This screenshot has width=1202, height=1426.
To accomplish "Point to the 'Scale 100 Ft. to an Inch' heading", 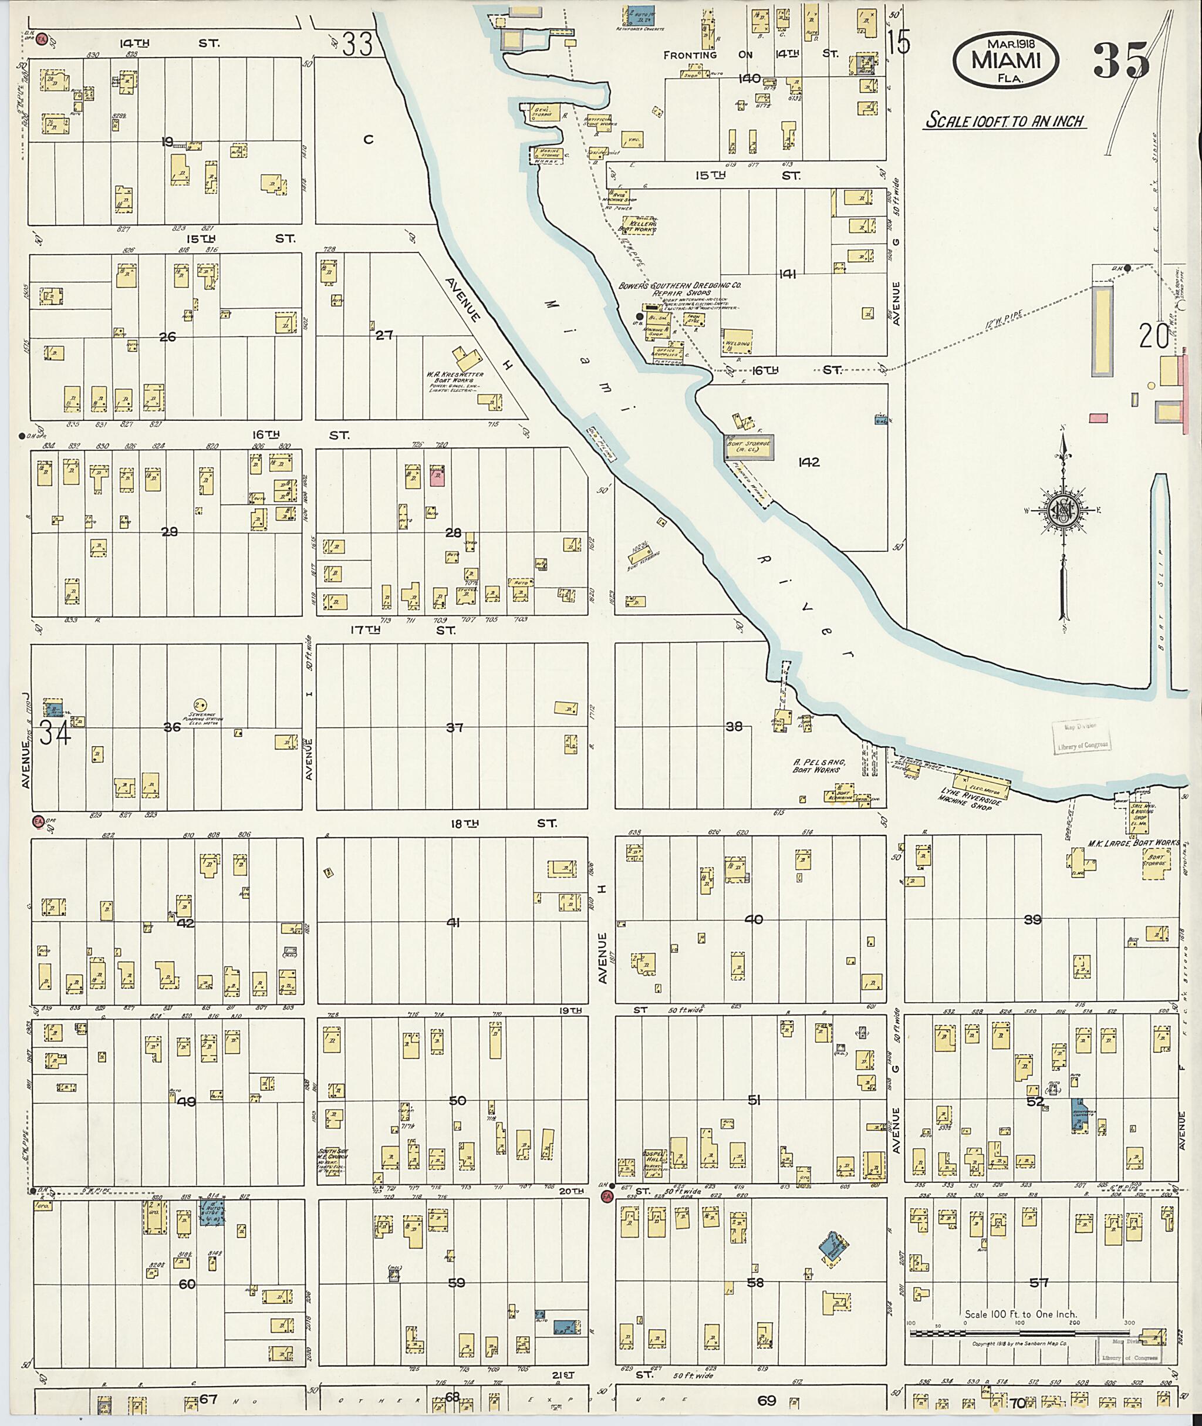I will point(1004,122).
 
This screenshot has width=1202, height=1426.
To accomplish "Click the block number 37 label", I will point(454,727).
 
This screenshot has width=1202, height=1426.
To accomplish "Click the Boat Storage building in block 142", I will point(749,447).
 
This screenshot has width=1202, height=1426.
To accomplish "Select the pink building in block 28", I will point(437,475).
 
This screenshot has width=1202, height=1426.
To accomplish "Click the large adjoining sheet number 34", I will point(55,733).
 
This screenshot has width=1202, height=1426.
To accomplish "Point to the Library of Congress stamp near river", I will point(1082,737).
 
